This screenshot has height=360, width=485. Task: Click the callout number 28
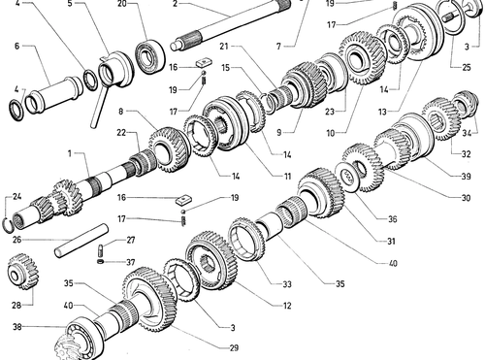click(x=16, y=305)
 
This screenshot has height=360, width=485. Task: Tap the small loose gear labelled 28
click(x=22, y=272)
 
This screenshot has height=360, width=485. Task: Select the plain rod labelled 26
click(x=81, y=241)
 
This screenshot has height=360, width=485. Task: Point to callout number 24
click(x=16, y=196)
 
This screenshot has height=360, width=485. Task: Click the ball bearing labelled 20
click(x=150, y=56)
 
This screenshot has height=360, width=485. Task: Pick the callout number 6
click(x=17, y=46)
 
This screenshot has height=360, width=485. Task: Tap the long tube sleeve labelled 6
click(x=55, y=95)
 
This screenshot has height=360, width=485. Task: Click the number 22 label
click(x=121, y=132)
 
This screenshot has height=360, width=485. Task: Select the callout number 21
click(x=224, y=47)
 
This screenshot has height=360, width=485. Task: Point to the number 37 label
click(x=130, y=262)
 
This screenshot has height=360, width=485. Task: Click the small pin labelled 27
click(x=100, y=250)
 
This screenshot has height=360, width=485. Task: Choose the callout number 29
click(x=234, y=347)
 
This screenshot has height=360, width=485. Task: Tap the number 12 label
click(x=287, y=306)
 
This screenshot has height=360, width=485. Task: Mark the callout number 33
click(x=287, y=284)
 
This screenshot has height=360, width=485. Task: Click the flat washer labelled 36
click(x=349, y=178)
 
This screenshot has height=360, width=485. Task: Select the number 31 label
click(x=391, y=241)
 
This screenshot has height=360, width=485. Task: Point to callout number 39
click(x=466, y=176)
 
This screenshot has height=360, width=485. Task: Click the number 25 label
click(x=467, y=67)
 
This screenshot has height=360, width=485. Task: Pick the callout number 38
click(x=17, y=327)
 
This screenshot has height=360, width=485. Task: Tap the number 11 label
click(x=287, y=176)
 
